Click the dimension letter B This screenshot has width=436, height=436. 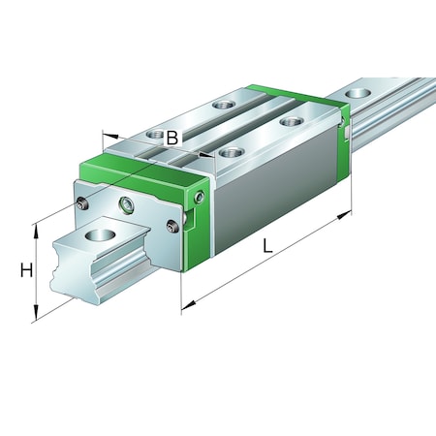(171, 138)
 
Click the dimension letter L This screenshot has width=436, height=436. (268, 247)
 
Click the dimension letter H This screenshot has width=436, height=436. (26, 270)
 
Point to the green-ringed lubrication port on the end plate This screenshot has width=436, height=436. (126, 203)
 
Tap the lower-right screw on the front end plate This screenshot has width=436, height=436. (171, 227)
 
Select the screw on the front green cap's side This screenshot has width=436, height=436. (200, 198)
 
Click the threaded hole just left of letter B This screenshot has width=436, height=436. (152, 133)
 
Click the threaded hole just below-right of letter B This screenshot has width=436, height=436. (229, 152)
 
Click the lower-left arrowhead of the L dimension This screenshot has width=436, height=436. (186, 309)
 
